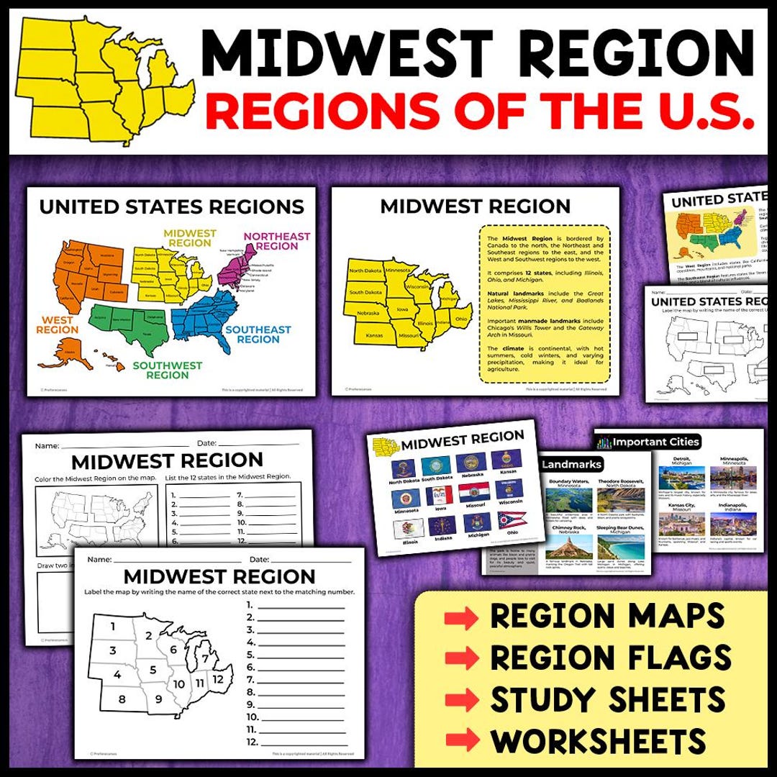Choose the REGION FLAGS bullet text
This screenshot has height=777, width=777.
pos(611,658)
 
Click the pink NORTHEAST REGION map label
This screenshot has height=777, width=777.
pos(277,241)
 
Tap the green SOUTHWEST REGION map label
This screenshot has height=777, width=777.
pos(168,370)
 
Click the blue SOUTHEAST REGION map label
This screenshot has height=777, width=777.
pos(258,335)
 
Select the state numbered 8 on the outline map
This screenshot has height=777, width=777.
pos(122,699)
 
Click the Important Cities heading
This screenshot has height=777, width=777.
pos(655,442)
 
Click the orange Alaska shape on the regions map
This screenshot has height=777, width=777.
pos(57,353)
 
